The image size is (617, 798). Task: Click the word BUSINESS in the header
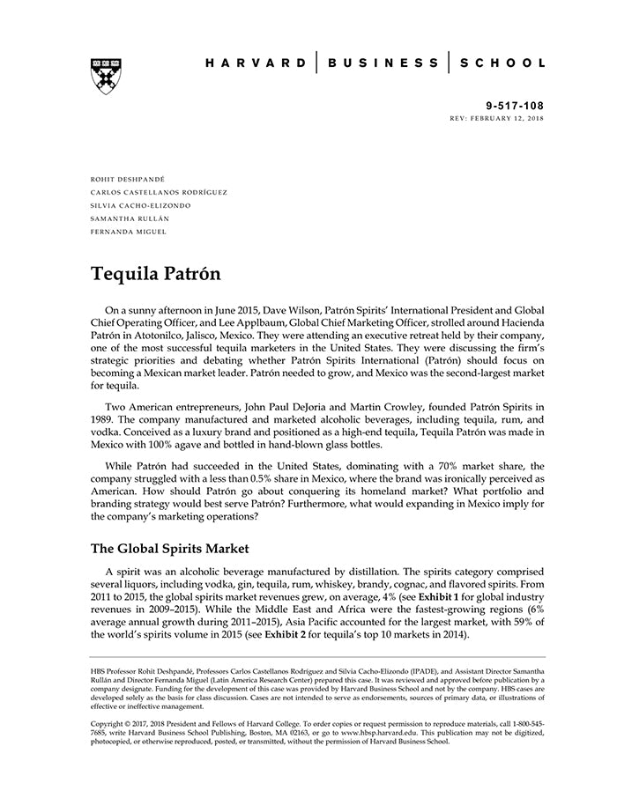coord(383,63)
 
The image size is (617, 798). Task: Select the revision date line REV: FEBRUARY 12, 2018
coord(496,117)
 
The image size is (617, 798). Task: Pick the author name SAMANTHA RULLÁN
coord(130,218)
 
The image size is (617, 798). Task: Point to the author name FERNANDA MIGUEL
coord(128,232)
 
